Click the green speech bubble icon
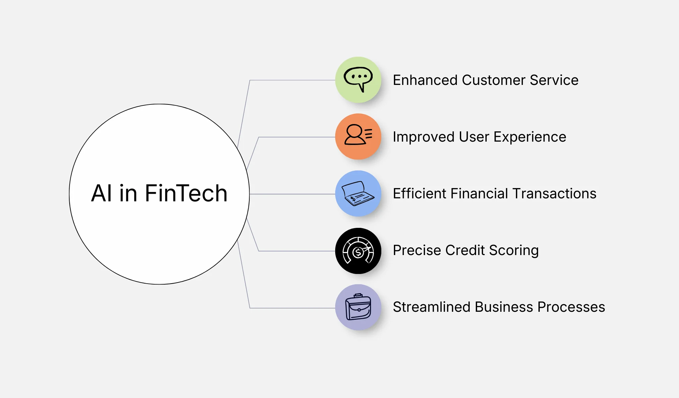pyautogui.click(x=358, y=80)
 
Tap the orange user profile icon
pyautogui.click(x=358, y=136)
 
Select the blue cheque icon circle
pyautogui.click(x=358, y=193)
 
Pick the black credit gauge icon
pyautogui.click(x=358, y=251)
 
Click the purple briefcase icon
pyautogui.click(x=358, y=307)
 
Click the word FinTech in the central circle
pyautogui.click(x=186, y=193)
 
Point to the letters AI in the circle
pyautogui.click(x=101, y=193)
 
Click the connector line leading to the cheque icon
pyautogui.click(x=292, y=194)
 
